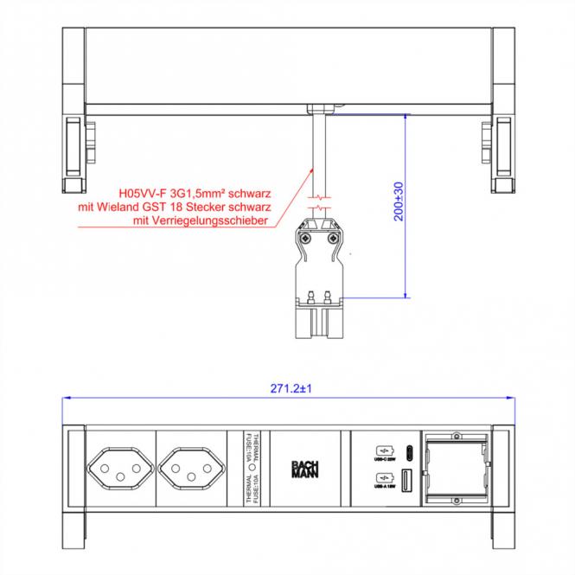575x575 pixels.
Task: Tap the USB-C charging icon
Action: point(383,450)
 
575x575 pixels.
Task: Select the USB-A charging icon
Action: point(383,480)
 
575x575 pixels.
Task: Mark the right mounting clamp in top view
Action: point(501,152)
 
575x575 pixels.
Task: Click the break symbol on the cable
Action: point(321,208)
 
